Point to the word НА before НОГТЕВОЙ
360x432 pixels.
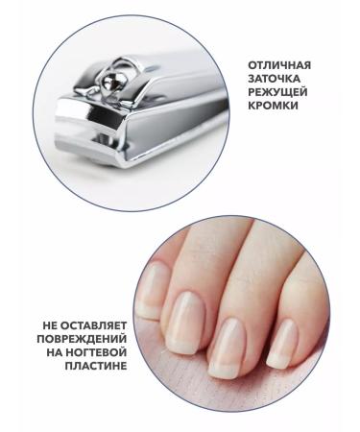[x=58, y=353]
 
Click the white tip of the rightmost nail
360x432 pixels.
[x=278, y=357]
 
